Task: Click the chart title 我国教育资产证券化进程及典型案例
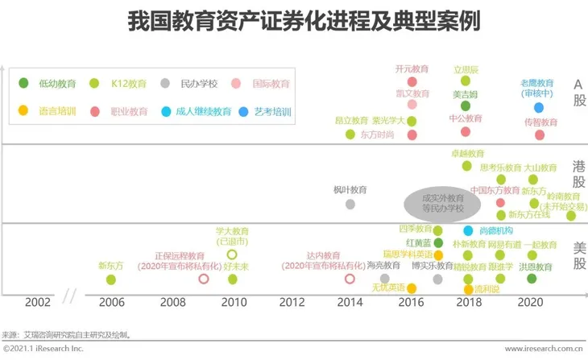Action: point(293,22)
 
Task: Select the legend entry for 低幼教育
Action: point(49,83)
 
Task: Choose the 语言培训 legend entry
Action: point(49,111)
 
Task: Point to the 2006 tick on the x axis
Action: point(111,303)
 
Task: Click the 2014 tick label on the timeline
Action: point(350,303)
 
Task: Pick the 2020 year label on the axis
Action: point(530,303)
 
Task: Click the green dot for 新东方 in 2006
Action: point(111,279)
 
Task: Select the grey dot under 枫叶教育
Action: point(350,204)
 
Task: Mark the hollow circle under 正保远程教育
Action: point(204,279)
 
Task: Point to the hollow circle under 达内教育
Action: point(350,279)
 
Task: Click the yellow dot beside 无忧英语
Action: point(411,288)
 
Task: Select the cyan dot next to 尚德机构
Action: point(467,230)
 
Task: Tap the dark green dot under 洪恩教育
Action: point(532,279)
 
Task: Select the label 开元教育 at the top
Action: point(412,70)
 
